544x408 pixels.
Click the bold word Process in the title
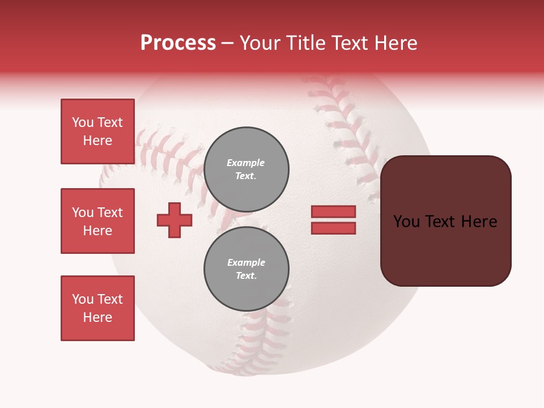pyautogui.click(x=178, y=43)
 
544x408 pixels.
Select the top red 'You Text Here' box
pyautogui.click(x=97, y=131)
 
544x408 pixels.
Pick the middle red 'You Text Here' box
pyautogui.click(x=97, y=221)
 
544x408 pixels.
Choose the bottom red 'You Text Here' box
pyautogui.click(x=97, y=308)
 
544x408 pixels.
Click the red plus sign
pyautogui.click(x=175, y=220)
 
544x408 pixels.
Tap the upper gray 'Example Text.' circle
pyautogui.click(x=246, y=169)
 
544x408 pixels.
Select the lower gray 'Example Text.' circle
pyautogui.click(x=246, y=269)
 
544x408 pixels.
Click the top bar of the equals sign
pyautogui.click(x=333, y=211)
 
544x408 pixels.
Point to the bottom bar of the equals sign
pyautogui.click(x=333, y=228)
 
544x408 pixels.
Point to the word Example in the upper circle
pyautogui.click(x=245, y=163)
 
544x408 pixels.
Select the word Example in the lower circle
pyautogui.click(x=246, y=263)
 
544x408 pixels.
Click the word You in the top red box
pyautogui.click(x=83, y=122)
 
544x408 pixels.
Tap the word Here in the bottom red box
pyautogui.click(x=97, y=317)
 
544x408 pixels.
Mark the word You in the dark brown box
pyautogui.click(x=406, y=222)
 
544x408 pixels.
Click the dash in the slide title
pyautogui.click(x=228, y=44)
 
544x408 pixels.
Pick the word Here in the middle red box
pyautogui.click(x=97, y=231)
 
